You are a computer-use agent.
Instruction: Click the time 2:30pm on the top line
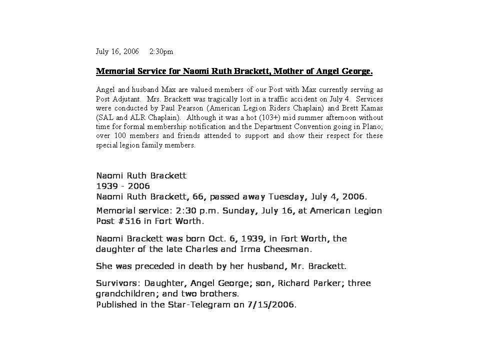(x=161, y=51)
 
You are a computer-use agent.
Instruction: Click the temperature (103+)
(x=261, y=117)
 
